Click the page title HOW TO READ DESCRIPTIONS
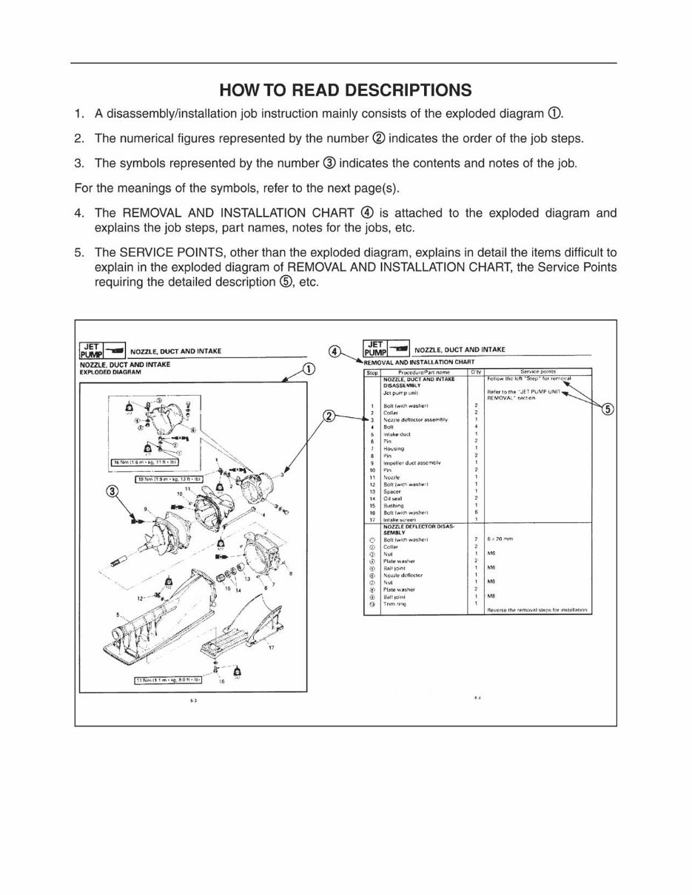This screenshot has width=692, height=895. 345,90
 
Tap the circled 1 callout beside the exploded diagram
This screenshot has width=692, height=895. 309,369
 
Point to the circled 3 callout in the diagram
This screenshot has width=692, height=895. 112,491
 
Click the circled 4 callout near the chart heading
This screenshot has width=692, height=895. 336,351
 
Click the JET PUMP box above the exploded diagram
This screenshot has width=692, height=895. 91,350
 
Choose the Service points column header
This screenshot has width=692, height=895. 538,372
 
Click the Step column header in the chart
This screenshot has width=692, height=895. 372,372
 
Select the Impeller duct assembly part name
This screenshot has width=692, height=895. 411,462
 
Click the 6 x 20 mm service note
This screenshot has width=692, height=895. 500,539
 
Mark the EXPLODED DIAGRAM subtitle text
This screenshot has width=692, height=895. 110,372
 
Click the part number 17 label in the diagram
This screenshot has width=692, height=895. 271,648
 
